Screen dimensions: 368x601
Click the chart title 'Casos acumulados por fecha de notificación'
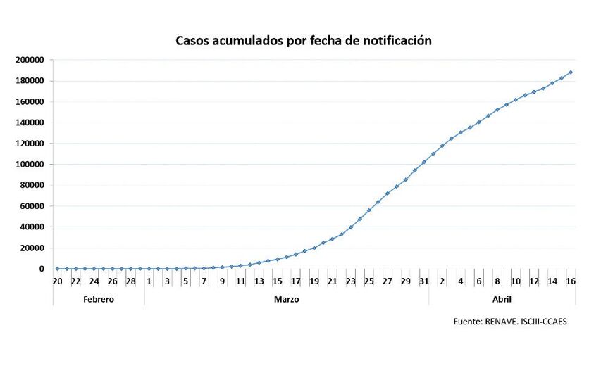(x=303, y=41)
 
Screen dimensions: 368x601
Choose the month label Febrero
(x=99, y=299)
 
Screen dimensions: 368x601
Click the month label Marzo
(x=286, y=299)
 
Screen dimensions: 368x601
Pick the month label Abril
(x=502, y=299)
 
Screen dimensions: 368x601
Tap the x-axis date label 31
(x=423, y=281)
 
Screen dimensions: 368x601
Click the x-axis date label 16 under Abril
(x=570, y=281)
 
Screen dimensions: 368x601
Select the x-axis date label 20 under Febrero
(x=57, y=281)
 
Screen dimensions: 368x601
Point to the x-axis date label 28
(x=130, y=281)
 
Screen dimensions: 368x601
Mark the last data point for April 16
(x=570, y=72)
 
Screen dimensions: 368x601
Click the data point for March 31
(x=423, y=162)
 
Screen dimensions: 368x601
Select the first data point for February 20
(x=57, y=269)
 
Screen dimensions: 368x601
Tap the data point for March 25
(x=368, y=210)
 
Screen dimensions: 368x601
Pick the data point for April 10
(x=515, y=100)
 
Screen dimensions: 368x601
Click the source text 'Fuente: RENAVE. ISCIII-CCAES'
(x=510, y=322)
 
